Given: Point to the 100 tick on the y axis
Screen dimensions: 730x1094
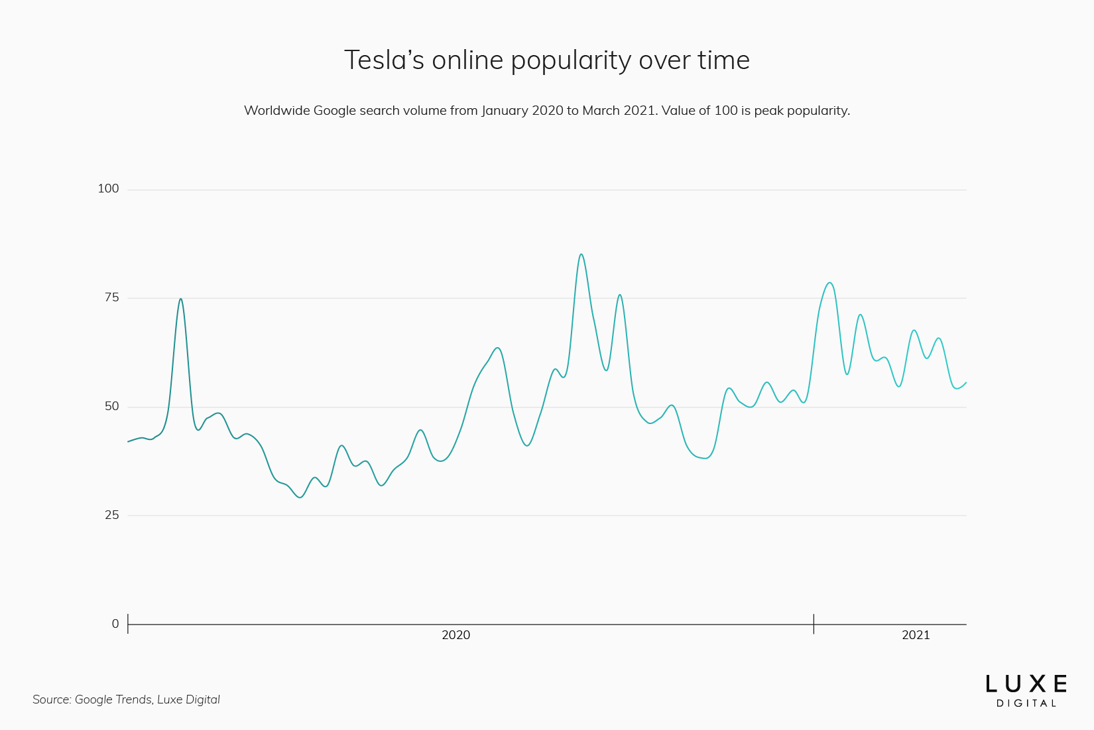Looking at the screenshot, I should (x=108, y=188).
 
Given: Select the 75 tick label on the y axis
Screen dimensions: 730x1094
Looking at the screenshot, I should (x=111, y=297).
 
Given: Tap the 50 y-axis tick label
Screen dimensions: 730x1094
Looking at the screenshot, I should (x=111, y=406).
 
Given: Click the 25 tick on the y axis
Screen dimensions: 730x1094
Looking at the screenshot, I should (x=111, y=515).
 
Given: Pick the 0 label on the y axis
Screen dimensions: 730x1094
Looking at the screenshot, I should (x=115, y=624).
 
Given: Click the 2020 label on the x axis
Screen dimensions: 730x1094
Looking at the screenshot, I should (x=456, y=635).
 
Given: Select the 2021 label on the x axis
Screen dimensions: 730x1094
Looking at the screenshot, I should (x=916, y=635).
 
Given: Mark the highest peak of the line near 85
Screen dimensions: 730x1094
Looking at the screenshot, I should (x=581, y=254).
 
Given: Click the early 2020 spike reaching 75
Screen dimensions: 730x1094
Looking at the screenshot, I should (x=180, y=299).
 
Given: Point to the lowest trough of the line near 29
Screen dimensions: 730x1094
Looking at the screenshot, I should (x=300, y=497).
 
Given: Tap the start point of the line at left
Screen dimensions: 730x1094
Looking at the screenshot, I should (x=129, y=441).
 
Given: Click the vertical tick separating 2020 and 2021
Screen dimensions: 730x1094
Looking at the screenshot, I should (x=814, y=624).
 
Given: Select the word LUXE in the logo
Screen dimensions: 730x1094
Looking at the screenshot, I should (x=1026, y=684).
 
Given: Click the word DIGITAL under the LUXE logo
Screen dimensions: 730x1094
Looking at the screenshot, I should (x=1026, y=703).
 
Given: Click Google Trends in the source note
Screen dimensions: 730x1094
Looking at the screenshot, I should (x=113, y=699).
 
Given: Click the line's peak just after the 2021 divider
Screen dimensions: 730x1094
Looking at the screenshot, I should (x=829, y=283).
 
